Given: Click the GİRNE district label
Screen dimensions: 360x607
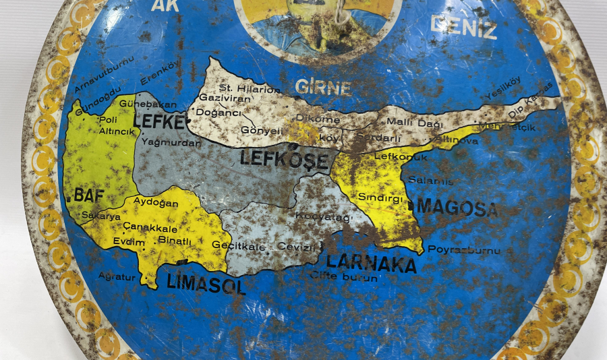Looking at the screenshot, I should (x=323, y=88).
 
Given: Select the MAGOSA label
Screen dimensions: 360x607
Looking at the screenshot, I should (x=458, y=206).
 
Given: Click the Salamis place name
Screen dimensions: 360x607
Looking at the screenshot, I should (x=430, y=181).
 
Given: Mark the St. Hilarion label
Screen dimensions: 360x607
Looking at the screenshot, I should (x=250, y=89).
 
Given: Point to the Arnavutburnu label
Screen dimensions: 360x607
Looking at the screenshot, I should (x=100, y=85).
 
